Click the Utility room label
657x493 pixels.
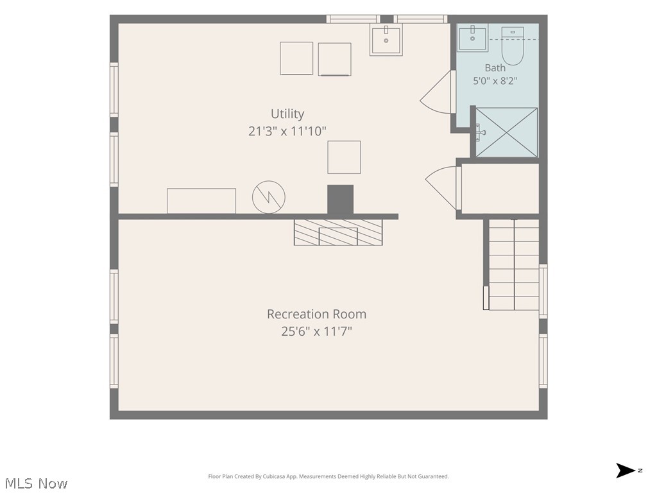287,114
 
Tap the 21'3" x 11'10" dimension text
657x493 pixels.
287,131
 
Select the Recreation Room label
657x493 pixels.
317,314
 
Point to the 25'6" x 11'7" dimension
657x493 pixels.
317,332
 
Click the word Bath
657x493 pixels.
495,67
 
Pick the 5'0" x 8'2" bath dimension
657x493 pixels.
495,80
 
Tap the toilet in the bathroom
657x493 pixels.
513,46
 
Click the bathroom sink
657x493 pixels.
473,38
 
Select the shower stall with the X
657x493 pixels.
507,132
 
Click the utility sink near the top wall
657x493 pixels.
386,39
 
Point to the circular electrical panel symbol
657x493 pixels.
269,197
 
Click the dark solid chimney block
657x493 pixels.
340,200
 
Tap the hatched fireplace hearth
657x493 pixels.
338,232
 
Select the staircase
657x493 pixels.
514,264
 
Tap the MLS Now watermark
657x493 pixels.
37,483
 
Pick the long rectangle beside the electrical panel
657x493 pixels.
201,201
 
